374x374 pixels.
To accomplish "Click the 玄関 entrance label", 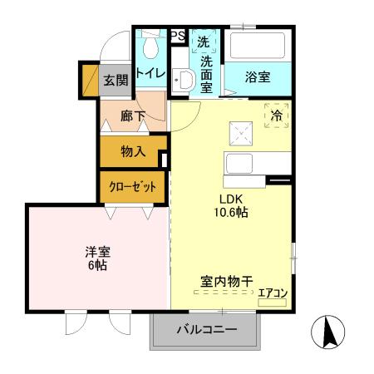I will click(116, 81).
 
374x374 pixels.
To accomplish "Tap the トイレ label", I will click(151, 73).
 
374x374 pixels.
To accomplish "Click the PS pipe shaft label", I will click(178, 36).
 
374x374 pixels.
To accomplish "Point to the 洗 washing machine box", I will click(204, 42).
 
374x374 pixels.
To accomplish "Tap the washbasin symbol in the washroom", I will click(185, 80).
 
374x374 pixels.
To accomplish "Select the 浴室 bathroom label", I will click(257, 77).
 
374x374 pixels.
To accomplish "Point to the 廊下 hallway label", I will click(133, 116).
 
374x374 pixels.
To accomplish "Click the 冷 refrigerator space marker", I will click(276, 116).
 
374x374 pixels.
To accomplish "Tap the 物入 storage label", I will click(132, 151).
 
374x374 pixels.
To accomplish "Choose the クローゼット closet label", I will click(132, 187).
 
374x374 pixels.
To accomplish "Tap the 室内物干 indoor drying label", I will click(226, 282).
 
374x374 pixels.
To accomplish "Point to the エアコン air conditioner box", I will click(272, 293).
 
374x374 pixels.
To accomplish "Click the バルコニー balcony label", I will click(206, 331).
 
